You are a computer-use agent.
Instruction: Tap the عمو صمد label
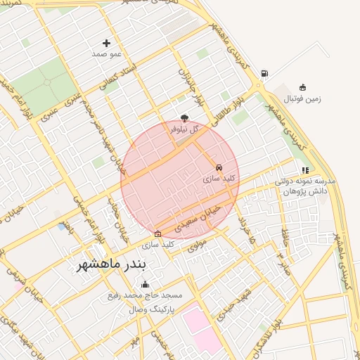click(107, 53)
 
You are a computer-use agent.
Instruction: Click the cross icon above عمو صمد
click(107, 43)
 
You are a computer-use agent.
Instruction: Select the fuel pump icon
click(264, 73)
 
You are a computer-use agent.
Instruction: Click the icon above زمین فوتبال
click(302, 87)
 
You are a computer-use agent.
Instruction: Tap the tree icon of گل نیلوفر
click(185, 118)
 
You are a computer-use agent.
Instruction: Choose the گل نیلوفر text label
click(185, 129)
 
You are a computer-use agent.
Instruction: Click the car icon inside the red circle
click(219, 168)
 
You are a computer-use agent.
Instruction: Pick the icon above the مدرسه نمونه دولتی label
click(304, 169)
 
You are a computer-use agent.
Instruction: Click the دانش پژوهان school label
click(307, 191)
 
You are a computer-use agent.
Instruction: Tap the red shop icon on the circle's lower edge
click(157, 234)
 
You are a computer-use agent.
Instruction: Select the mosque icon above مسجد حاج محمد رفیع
click(146, 284)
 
